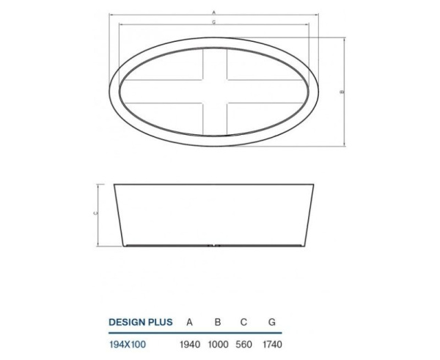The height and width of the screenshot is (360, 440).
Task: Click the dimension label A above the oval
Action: coord(213,12)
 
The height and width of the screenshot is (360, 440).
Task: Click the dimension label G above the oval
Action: coord(213,23)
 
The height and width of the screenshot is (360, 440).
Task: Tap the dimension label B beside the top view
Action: coord(342,92)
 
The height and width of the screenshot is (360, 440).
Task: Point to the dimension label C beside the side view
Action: coord(96,214)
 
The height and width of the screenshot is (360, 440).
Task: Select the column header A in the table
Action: coord(190,321)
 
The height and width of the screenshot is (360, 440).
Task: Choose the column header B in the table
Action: coord(217,321)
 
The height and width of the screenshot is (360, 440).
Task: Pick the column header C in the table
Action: coord(243,321)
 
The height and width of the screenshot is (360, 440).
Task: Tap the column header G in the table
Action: coord(272,321)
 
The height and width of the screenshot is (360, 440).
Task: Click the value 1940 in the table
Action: coord(190,343)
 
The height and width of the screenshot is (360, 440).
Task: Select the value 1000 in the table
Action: coord(217,343)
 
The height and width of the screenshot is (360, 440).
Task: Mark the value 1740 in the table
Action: coord(272,343)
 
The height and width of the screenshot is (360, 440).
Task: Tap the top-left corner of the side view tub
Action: coord(114,184)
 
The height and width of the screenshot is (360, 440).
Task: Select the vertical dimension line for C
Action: coord(100,215)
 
